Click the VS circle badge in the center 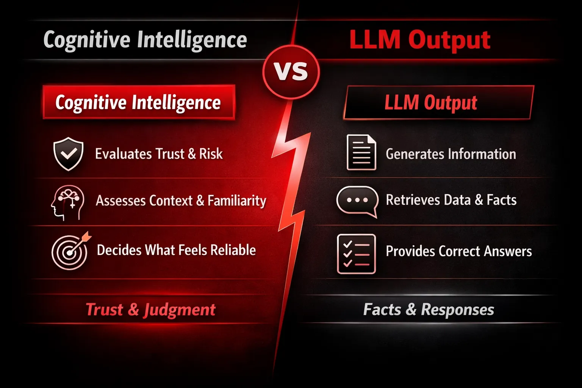click(x=291, y=72)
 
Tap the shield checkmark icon click(x=68, y=154)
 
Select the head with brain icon click(x=67, y=203)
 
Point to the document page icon click(x=361, y=152)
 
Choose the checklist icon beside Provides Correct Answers click(x=357, y=254)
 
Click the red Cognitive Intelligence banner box click(x=139, y=102)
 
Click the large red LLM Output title click(x=420, y=40)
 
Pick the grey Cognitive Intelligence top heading click(x=145, y=40)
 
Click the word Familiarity click(x=237, y=200)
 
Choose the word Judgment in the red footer click(x=180, y=310)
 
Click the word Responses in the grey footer click(x=458, y=310)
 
